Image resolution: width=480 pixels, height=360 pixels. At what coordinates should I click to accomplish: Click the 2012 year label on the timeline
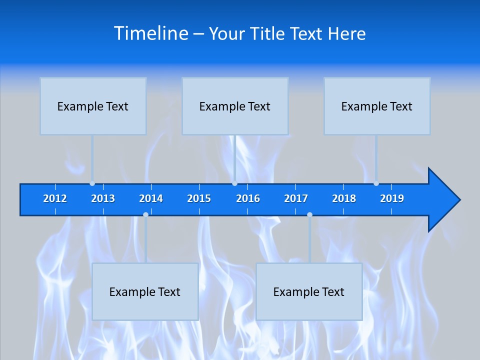(55, 198)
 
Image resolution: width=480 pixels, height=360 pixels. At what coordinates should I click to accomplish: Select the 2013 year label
(103, 198)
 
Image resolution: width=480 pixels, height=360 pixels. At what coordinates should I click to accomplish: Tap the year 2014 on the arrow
(151, 198)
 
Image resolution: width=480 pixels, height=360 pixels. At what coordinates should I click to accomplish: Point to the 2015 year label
(199, 198)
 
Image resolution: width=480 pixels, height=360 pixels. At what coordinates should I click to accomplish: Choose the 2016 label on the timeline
(248, 198)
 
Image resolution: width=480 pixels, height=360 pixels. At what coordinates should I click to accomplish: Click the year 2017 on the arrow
(296, 198)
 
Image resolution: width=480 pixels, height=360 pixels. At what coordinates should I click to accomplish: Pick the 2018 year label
(344, 198)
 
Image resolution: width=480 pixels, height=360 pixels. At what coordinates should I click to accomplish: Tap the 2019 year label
(392, 198)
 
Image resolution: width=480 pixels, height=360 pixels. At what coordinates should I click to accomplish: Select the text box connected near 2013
(93, 106)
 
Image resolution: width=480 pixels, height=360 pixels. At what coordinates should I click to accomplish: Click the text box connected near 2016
(235, 106)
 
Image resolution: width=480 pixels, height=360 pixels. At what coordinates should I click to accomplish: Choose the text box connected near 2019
(377, 106)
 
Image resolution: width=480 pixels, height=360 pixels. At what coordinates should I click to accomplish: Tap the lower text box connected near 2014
(145, 291)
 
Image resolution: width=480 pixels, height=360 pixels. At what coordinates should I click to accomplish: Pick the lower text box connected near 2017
(309, 291)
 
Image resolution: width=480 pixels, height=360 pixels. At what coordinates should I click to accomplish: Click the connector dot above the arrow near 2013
(92, 183)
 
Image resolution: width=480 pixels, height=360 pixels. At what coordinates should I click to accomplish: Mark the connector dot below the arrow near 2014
(145, 215)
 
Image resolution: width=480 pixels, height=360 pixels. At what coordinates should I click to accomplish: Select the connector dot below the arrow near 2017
(309, 215)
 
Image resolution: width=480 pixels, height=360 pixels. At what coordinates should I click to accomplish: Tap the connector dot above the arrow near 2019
(376, 183)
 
